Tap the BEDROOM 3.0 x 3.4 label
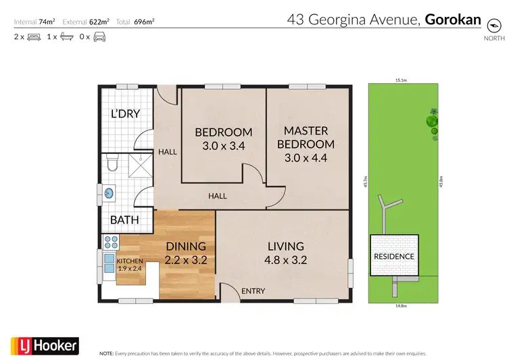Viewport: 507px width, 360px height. (x=224, y=138)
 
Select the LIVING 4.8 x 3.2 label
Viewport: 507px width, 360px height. (x=285, y=253)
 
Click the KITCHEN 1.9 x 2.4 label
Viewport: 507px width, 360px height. (x=130, y=264)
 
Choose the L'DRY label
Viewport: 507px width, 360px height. (x=125, y=113)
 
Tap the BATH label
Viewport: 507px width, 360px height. (x=124, y=220)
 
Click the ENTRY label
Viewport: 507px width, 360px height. (x=253, y=291)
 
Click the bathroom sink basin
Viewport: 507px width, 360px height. (x=109, y=193)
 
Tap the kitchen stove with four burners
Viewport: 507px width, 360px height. (x=111, y=241)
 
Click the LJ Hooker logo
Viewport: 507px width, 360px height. (x=45, y=346)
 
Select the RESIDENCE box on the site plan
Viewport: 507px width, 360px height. (x=393, y=256)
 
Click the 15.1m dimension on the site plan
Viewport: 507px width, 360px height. (x=401, y=80)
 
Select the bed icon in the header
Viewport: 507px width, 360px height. (x=33, y=36)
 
